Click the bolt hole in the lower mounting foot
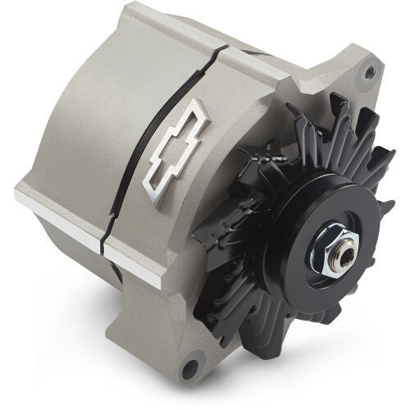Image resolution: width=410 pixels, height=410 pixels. tap(191, 367)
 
